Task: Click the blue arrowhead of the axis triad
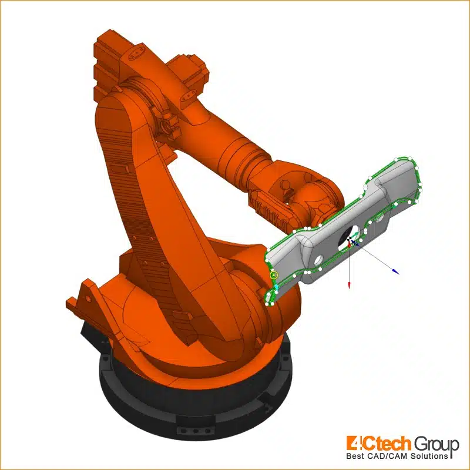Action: click(395, 271)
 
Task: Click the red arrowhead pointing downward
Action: click(349, 285)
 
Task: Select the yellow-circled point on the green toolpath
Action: click(274, 275)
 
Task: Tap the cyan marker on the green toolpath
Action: click(276, 287)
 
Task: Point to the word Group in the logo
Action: click(437, 444)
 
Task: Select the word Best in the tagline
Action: click(355, 456)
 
